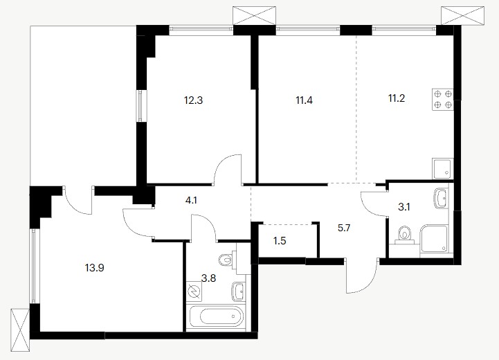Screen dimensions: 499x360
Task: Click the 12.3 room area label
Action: click(193, 100)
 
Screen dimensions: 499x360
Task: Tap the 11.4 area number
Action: click(304, 100)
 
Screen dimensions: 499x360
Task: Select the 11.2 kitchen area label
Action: click(396, 98)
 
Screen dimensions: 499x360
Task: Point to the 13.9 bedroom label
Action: click(95, 268)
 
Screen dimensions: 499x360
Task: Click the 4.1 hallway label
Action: click(191, 201)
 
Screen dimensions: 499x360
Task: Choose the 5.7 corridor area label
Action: click(344, 228)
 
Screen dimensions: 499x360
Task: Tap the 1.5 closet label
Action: click(280, 241)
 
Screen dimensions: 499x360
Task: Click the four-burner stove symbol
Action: click(442, 99)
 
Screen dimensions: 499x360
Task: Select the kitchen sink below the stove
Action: click(442, 168)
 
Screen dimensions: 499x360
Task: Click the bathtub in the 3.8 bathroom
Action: click(217, 316)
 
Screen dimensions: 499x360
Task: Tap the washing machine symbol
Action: click(194, 291)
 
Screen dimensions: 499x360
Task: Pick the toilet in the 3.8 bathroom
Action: click(228, 259)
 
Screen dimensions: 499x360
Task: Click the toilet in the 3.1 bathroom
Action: click(404, 235)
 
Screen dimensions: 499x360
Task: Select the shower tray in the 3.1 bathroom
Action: click(434, 241)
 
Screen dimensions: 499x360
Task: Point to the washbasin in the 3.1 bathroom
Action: click(441, 198)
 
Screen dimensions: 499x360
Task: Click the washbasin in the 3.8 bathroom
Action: click(239, 291)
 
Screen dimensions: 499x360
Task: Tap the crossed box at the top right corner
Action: click(462, 15)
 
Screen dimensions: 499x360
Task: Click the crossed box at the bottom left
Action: click(20, 330)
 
